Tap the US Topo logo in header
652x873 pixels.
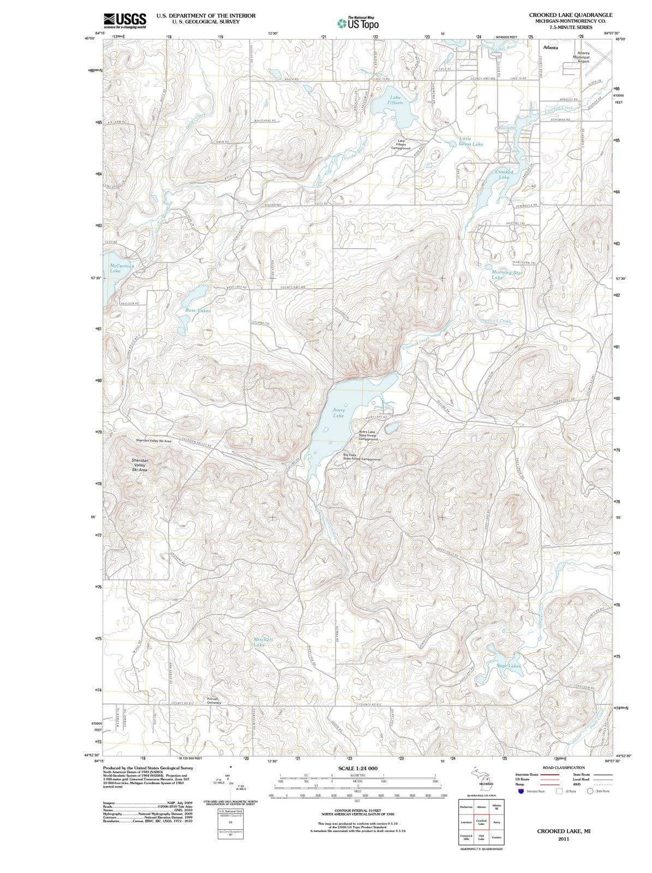357,23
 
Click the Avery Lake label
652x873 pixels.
338,412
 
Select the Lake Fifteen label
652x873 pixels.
395,100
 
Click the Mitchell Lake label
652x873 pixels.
264,642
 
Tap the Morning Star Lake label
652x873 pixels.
507,275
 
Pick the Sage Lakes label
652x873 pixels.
509,666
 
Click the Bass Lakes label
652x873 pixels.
198,310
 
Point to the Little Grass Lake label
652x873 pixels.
470,142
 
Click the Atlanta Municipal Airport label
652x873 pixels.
579,57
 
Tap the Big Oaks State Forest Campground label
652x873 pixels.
361,457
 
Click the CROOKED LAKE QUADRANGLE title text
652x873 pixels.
571,15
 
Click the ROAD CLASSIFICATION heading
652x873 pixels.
564,768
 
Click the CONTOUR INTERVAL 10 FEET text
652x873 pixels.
357,812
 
